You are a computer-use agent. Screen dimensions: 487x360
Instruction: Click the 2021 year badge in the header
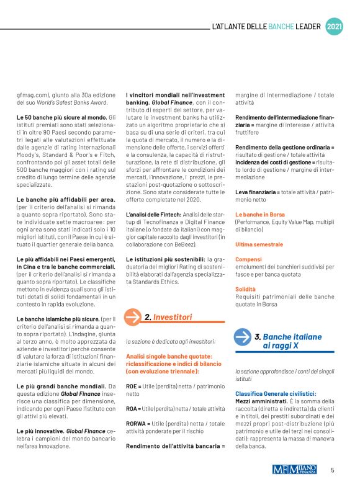333,27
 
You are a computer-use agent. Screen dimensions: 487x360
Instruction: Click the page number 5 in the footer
333,470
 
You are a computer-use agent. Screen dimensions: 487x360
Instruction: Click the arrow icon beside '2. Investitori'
133,316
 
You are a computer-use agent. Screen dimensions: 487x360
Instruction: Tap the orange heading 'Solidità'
246,289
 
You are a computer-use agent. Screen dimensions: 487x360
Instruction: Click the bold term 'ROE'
132,385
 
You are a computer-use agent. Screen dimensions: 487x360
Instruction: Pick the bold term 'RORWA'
138,423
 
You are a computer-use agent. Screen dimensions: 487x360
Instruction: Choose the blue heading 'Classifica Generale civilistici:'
276,393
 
